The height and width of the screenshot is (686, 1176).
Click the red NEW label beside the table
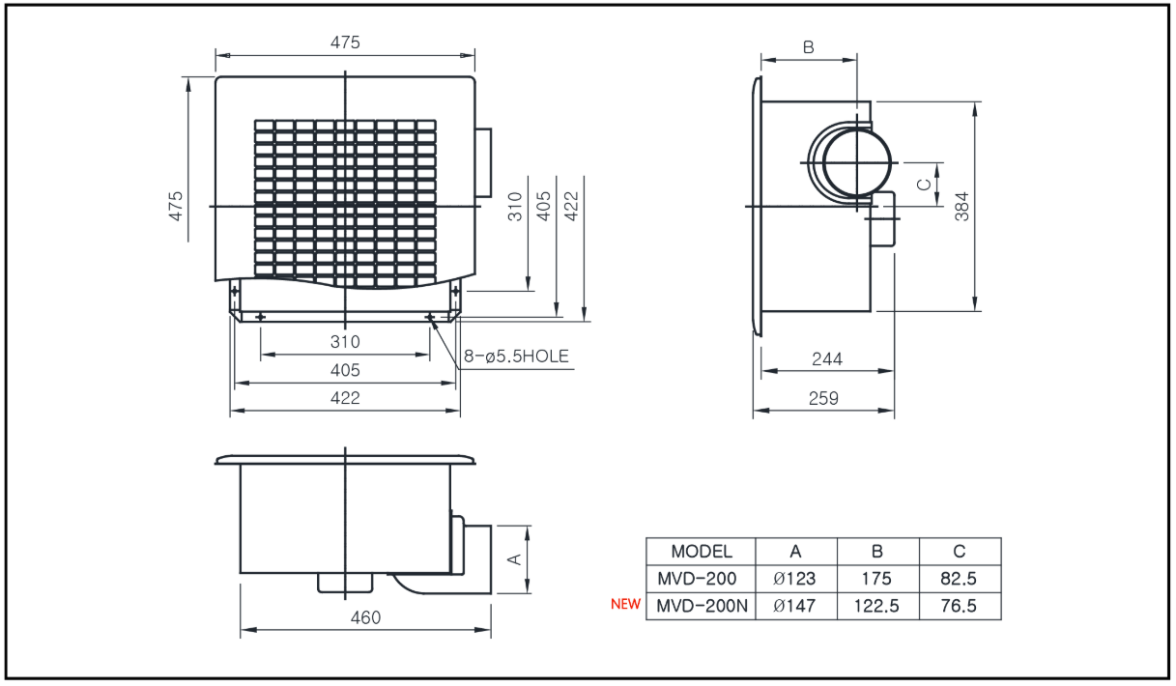click(x=625, y=604)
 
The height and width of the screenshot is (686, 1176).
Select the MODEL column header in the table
click(x=702, y=551)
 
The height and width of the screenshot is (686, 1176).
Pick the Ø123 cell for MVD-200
click(x=794, y=579)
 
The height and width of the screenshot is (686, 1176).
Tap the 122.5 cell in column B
click(x=876, y=606)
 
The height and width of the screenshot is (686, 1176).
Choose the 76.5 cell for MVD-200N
click(x=959, y=606)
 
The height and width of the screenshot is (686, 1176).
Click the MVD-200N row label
click(x=702, y=606)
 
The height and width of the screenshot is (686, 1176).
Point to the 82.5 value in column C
click(x=959, y=579)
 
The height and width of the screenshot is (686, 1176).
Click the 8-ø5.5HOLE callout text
click(x=516, y=357)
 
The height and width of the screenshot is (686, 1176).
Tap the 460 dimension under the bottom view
click(x=365, y=617)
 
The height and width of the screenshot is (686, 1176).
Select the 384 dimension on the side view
click(x=961, y=206)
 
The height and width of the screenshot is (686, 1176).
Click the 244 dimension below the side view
click(x=827, y=359)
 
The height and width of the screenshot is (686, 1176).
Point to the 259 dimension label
click(x=823, y=398)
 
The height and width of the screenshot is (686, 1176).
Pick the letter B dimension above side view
click(x=809, y=47)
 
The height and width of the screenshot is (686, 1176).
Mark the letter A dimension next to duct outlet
click(x=515, y=559)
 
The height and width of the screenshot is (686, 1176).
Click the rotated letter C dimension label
click(x=924, y=185)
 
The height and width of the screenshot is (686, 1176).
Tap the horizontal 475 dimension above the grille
click(x=345, y=43)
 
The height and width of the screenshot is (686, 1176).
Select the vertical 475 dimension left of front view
click(x=175, y=206)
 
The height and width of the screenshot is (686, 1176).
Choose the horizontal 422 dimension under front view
click(x=345, y=398)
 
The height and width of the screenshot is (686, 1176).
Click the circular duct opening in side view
click(x=857, y=162)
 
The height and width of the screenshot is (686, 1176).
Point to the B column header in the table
click(x=876, y=551)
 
